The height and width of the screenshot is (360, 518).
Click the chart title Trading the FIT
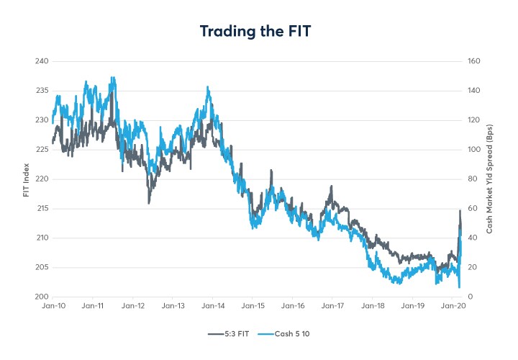pyautogui.click(x=258, y=32)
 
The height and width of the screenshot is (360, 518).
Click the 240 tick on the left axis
pyautogui.click(x=41, y=61)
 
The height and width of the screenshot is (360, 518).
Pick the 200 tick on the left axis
pyautogui.click(x=41, y=297)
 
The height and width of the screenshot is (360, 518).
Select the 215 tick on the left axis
pyautogui.click(x=41, y=209)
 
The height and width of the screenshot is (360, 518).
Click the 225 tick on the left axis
pyautogui.click(x=41, y=150)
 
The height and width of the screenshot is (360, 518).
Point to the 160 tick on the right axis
pyautogui.click(x=473, y=61)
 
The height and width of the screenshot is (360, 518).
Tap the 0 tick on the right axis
pyautogui.click(x=469, y=297)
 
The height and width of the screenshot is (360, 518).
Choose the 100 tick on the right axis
pyautogui.click(x=473, y=150)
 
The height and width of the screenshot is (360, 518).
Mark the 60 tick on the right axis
pyautogui.click(x=471, y=209)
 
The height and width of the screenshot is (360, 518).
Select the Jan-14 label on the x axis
pyautogui.click(x=213, y=307)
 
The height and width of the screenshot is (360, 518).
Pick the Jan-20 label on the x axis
pyautogui.click(x=452, y=307)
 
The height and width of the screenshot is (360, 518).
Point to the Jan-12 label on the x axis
pyautogui.click(x=133, y=307)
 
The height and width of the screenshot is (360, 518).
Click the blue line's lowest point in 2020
pyautogui.click(x=459, y=288)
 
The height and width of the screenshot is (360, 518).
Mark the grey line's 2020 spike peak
pyautogui.click(x=459, y=210)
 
